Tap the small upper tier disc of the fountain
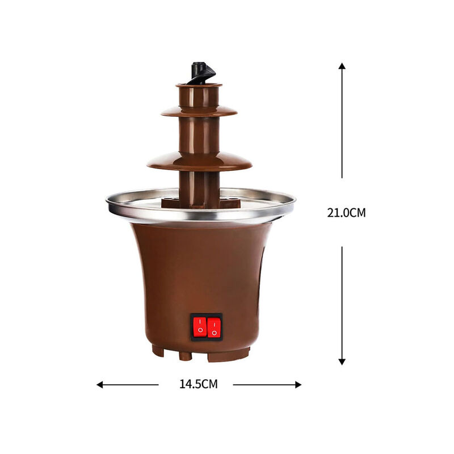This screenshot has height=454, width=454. click(199, 111)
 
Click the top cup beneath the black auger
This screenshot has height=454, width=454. click(199, 94)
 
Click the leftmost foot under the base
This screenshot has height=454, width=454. click(158, 351)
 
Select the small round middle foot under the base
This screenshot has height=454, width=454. click(185, 356)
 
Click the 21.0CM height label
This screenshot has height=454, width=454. click(346, 213)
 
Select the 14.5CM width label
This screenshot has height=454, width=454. click(199, 384)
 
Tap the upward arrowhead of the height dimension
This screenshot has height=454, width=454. click(342, 66)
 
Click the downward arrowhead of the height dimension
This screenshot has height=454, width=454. click(342, 361)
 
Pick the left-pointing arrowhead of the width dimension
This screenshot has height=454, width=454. click(100, 384)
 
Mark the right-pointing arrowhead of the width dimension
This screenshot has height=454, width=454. click(298, 384)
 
